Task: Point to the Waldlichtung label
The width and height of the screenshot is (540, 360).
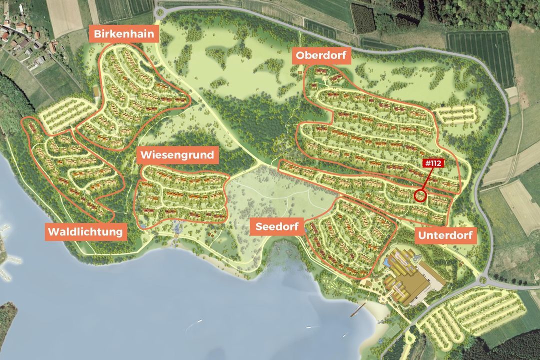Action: tap(85, 231)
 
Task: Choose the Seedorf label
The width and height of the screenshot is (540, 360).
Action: tap(277, 226)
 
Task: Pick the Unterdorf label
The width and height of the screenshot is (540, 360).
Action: tap(445, 235)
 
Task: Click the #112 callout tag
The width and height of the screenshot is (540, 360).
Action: tap(434, 163)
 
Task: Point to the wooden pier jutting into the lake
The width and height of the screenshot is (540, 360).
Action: tap(358, 312)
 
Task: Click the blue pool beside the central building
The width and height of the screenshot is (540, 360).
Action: tap(388, 261)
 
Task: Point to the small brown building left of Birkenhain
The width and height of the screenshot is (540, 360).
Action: tap(96, 91)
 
